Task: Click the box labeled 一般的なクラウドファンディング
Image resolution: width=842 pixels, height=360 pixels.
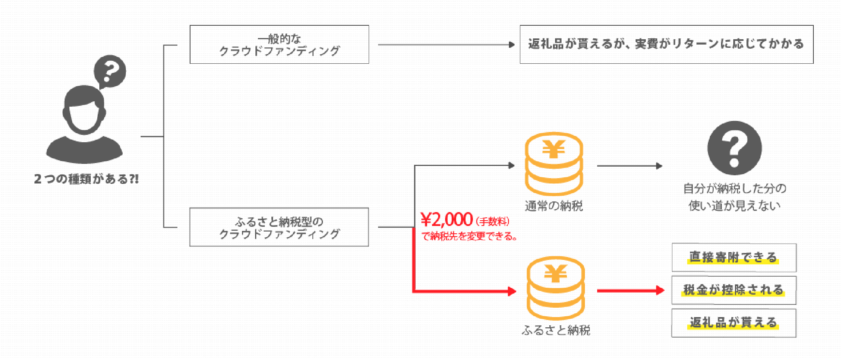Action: coord(279,45)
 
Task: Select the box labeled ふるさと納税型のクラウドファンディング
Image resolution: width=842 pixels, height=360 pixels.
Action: coord(279,227)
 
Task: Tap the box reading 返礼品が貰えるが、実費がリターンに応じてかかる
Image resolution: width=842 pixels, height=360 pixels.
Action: coord(666,45)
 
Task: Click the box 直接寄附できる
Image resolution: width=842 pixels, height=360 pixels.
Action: coord(734,257)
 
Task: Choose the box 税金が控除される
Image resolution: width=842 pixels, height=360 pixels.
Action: coord(734,290)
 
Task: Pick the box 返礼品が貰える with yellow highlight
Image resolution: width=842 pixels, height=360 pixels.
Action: coord(734,323)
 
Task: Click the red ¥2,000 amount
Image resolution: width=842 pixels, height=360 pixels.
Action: coord(447,220)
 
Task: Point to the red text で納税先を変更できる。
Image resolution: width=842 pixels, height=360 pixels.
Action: coord(469,236)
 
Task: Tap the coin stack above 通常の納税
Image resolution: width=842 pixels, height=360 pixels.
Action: coord(554,163)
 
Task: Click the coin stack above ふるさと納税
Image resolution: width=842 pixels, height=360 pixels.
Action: coord(555,288)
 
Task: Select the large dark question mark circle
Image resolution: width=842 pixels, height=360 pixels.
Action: coord(735,148)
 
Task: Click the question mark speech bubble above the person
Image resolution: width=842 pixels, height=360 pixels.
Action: coord(110,72)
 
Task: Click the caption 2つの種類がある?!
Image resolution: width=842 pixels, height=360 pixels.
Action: coord(86,179)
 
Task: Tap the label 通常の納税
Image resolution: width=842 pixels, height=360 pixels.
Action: coord(554,206)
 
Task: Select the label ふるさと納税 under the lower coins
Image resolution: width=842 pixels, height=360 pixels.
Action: coord(556,330)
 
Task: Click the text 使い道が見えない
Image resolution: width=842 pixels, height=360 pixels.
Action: coord(735,206)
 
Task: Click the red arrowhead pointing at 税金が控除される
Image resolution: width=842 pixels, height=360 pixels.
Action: coord(660,291)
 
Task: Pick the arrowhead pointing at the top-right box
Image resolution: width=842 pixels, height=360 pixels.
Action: coord(511,45)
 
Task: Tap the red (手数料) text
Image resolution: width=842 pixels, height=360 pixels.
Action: coord(493,221)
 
